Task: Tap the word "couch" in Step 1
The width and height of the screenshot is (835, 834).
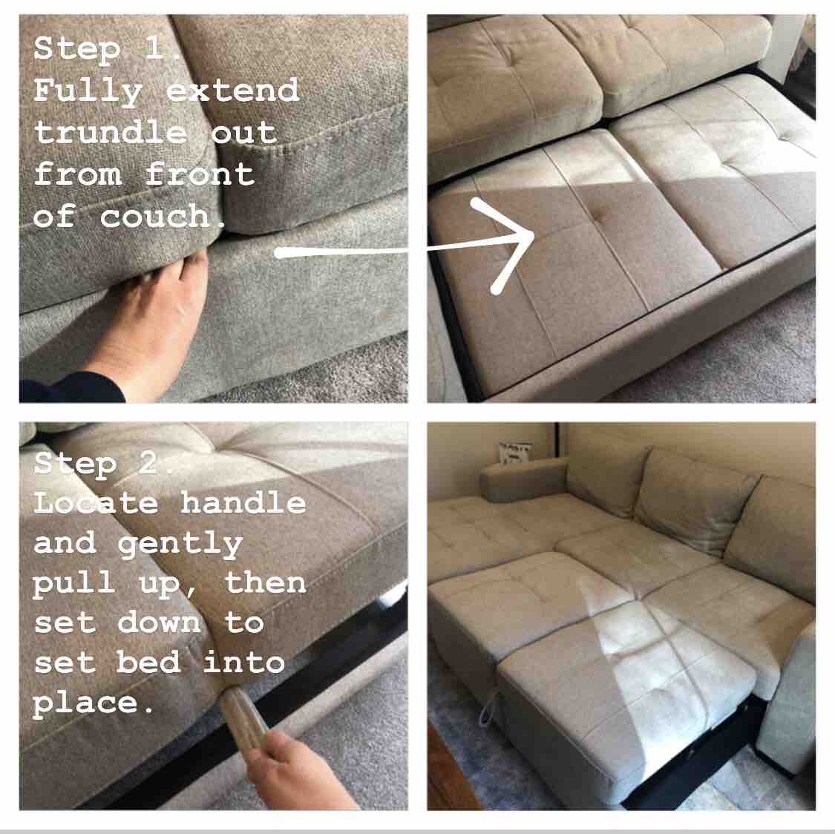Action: [x=156, y=216]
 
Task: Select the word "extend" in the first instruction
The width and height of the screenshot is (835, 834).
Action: [x=232, y=90]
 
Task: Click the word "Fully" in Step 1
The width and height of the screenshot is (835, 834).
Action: [x=88, y=91]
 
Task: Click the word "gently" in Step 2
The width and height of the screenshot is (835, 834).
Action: [x=180, y=545]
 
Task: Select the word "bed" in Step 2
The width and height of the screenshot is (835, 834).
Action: [x=148, y=662]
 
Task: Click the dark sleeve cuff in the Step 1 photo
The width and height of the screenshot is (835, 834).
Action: [x=69, y=387]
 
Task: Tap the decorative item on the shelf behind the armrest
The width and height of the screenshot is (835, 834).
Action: [x=516, y=452]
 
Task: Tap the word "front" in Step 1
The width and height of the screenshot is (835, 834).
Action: [x=199, y=174]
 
